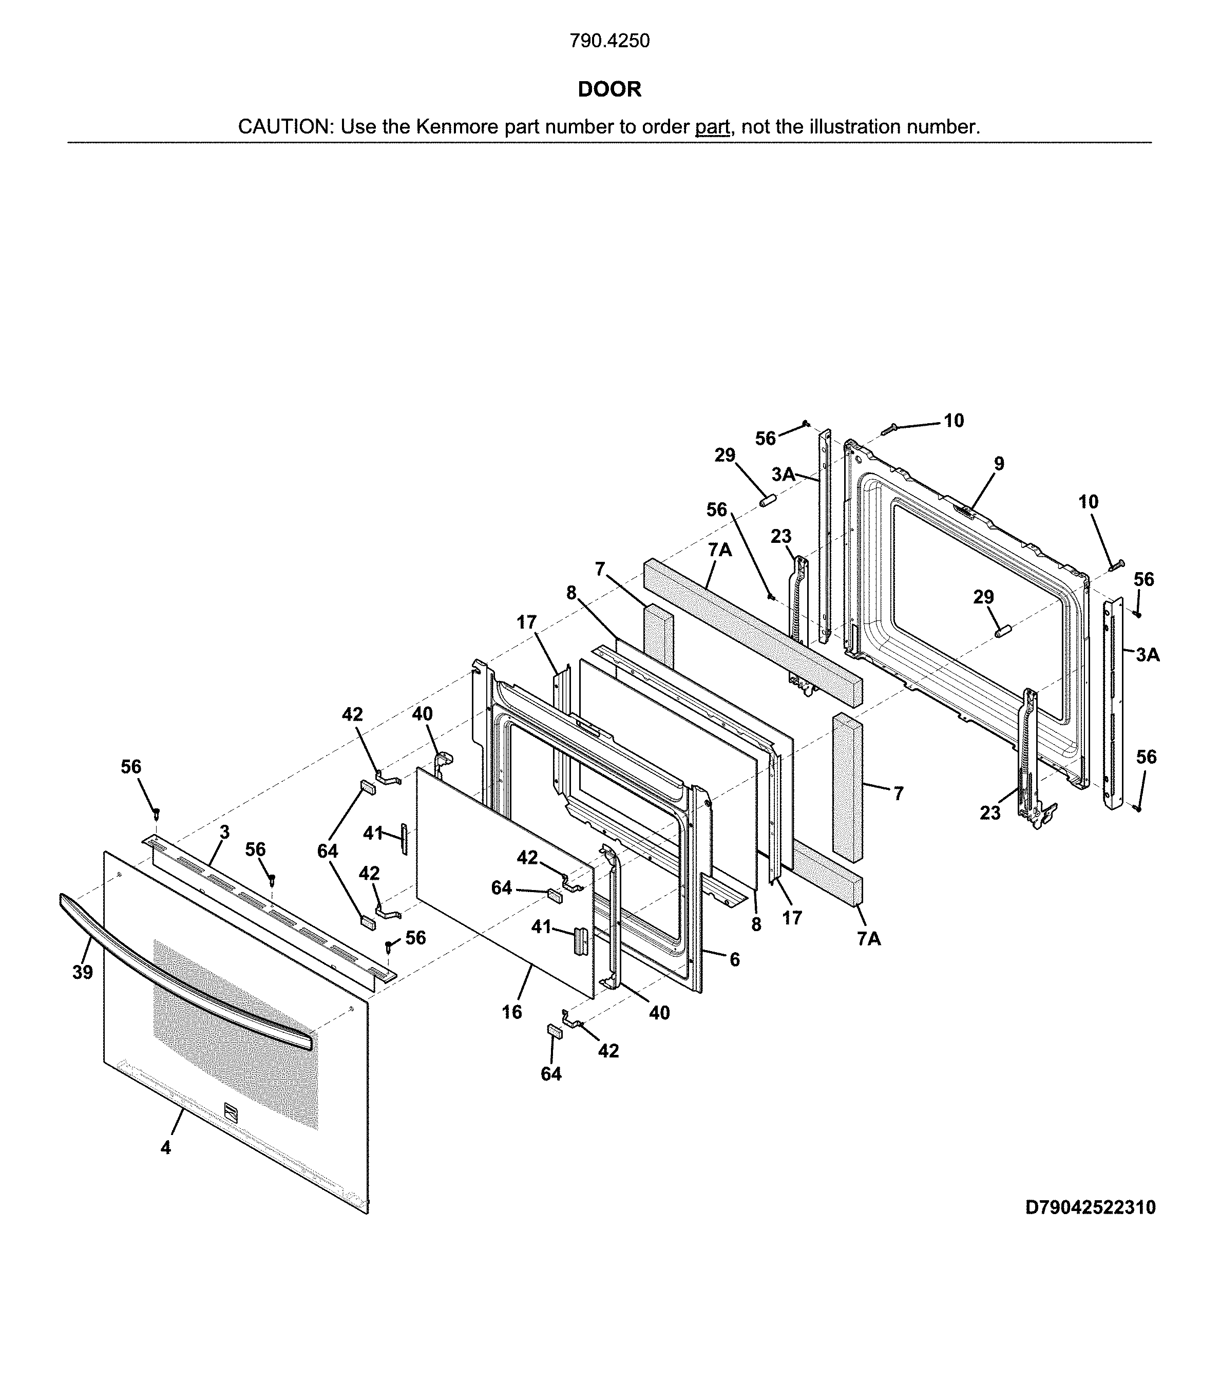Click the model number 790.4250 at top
(x=609, y=41)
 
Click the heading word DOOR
(x=609, y=89)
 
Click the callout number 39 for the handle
(x=83, y=972)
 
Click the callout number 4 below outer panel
(x=165, y=1147)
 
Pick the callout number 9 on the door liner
(x=998, y=463)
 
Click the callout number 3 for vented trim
(x=224, y=833)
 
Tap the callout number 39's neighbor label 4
(x=165, y=1147)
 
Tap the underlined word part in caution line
(x=712, y=127)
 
